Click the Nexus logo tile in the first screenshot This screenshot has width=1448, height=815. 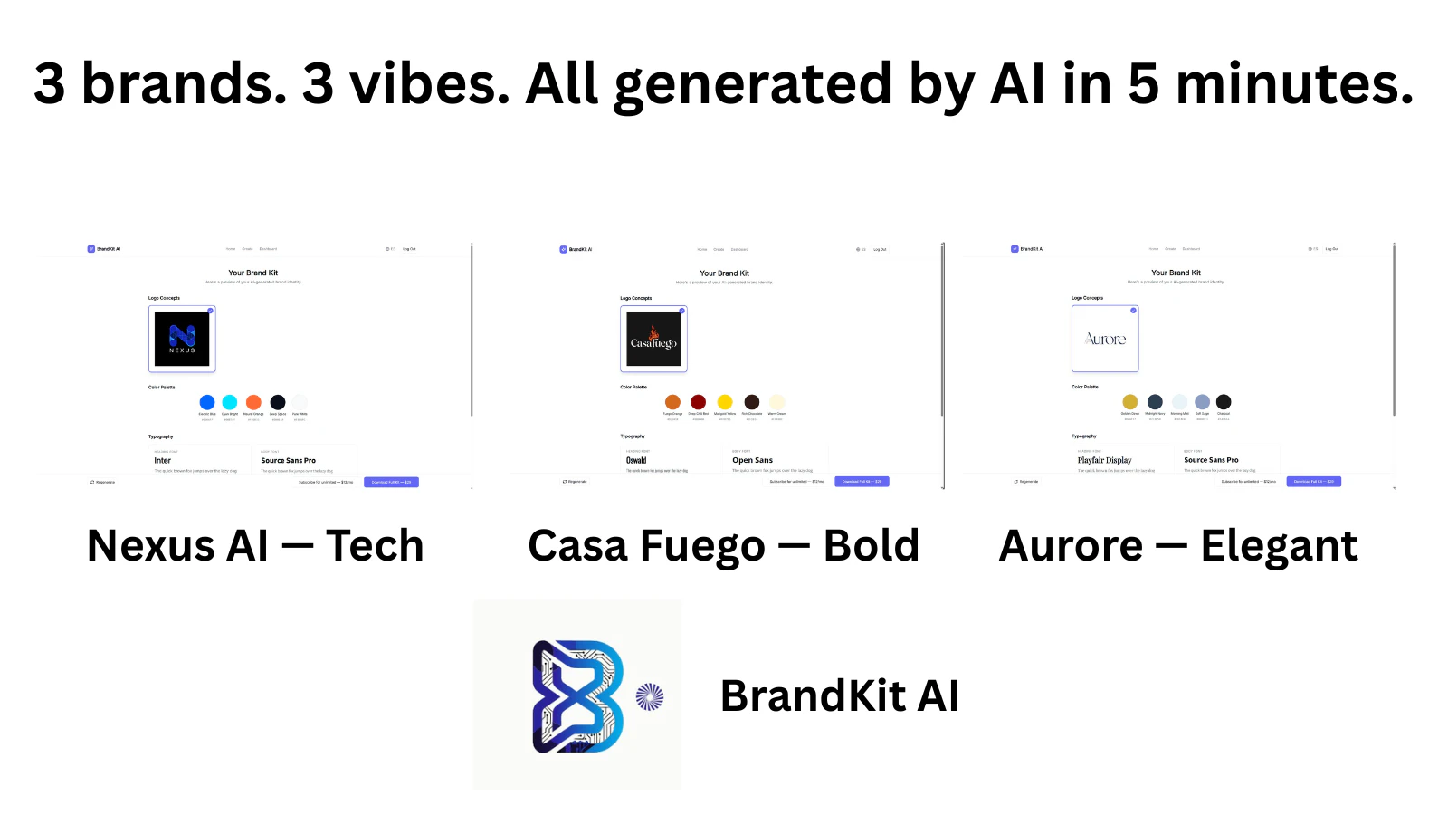pyautogui.click(x=182, y=339)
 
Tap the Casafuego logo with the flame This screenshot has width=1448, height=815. pyautogui.click(x=653, y=339)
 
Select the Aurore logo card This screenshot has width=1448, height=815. pyautogui.click(x=1105, y=339)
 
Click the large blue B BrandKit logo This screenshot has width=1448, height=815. pyautogui.click(x=577, y=695)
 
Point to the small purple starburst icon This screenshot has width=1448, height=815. pyautogui.click(x=650, y=696)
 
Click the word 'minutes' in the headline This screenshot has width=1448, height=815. pyautogui.click(x=1294, y=83)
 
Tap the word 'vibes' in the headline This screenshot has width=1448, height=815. pyautogui.click(x=429, y=83)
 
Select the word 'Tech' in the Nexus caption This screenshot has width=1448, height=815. pyautogui.click(x=375, y=546)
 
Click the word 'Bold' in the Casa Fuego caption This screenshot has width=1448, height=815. pyautogui.click(x=871, y=546)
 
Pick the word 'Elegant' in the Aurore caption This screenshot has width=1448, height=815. pyautogui.click(x=1279, y=546)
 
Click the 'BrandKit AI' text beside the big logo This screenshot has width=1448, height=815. pyautogui.click(x=839, y=696)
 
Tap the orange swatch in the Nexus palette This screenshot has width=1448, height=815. pyautogui.click(x=253, y=402)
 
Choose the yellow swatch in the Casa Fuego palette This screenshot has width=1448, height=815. pyautogui.click(x=725, y=402)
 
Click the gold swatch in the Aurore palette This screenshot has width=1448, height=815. pyautogui.click(x=1129, y=401)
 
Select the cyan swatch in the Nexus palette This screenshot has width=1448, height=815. pyautogui.click(x=230, y=402)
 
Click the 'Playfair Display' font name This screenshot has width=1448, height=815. pyautogui.click(x=1104, y=460)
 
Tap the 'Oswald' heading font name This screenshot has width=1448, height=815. pyautogui.click(x=636, y=460)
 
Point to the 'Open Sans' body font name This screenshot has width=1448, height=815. pyautogui.click(x=752, y=460)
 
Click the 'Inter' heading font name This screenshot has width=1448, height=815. pyautogui.click(x=163, y=460)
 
